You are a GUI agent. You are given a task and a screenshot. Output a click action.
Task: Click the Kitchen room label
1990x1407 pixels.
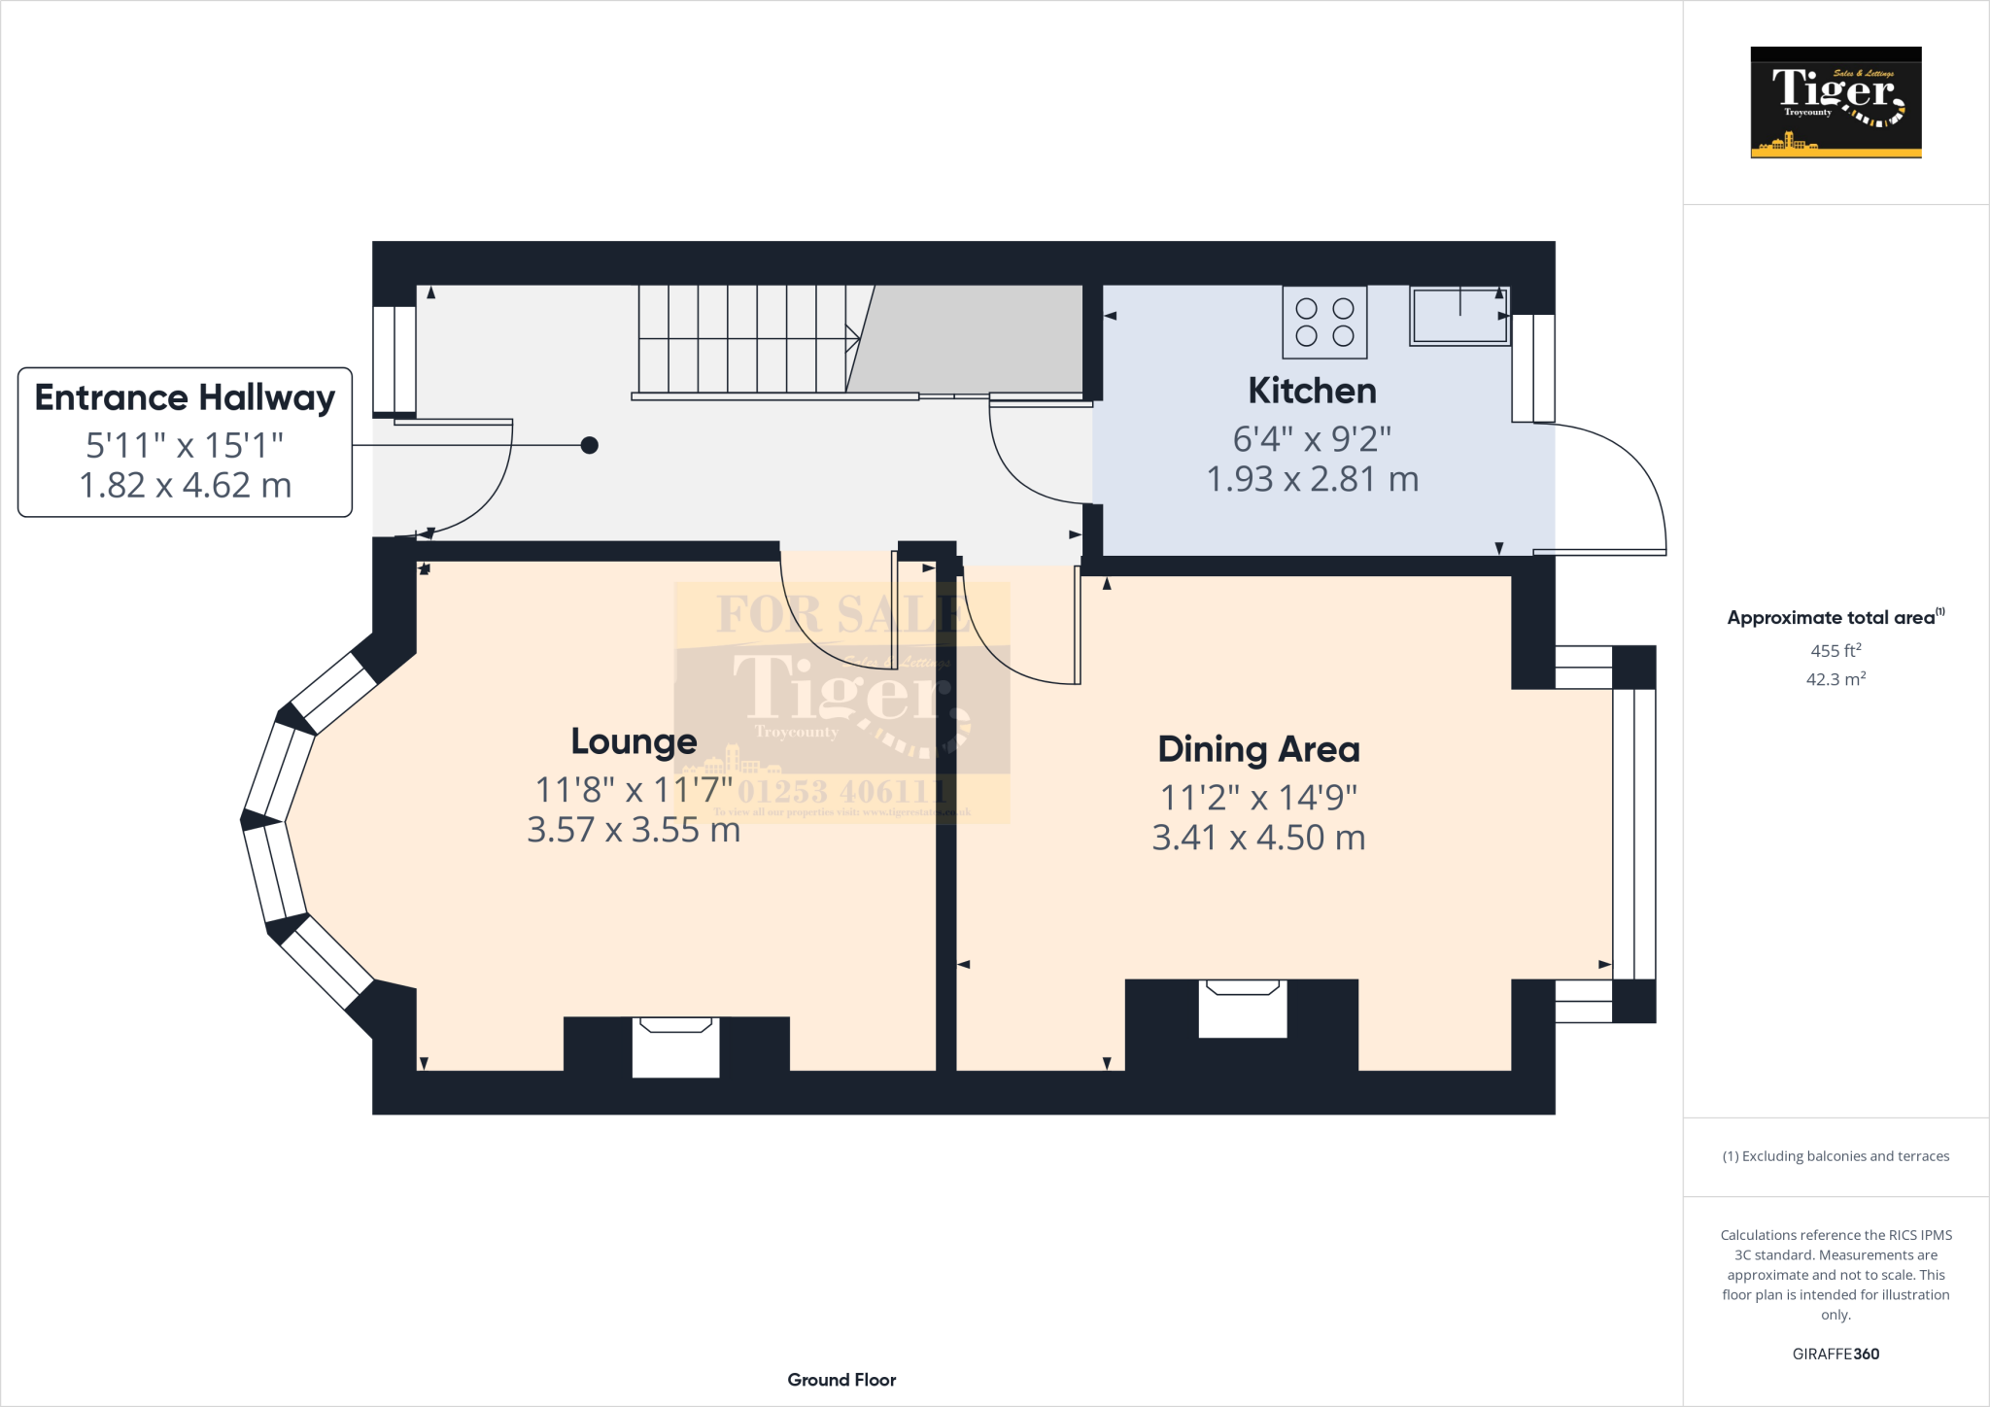(x=1312, y=391)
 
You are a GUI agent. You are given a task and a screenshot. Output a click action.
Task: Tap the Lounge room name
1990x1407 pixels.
(x=634, y=741)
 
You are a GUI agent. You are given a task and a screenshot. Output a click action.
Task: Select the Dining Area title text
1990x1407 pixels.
(x=1258, y=749)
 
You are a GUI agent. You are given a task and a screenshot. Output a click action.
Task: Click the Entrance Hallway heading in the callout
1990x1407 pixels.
(x=185, y=397)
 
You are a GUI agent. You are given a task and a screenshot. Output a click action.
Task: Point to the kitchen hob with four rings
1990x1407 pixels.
(x=1324, y=323)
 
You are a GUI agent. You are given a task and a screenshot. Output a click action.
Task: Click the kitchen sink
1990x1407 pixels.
(x=1459, y=316)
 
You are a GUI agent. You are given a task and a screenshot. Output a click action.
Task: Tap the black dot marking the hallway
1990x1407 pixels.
(x=589, y=445)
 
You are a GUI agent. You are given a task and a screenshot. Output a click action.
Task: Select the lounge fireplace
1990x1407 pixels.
(x=675, y=1047)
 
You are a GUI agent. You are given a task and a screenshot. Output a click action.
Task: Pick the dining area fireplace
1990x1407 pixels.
(x=1242, y=1008)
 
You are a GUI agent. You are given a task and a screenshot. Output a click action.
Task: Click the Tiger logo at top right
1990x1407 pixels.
(x=1836, y=102)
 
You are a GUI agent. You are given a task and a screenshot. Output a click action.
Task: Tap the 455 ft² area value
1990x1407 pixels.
(x=1836, y=650)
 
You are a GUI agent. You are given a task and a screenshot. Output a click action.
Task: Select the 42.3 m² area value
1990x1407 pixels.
(x=1836, y=678)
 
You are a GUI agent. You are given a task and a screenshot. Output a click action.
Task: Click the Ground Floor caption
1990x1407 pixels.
(x=841, y=1380)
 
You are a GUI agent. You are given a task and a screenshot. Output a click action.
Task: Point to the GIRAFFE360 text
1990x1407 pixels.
(x=1836, y=1354)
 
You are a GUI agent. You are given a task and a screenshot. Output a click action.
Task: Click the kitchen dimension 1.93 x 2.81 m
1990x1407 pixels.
(x=1312, y=479)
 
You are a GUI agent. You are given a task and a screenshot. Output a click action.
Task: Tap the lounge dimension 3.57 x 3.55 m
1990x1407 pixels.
(x=634, y=830)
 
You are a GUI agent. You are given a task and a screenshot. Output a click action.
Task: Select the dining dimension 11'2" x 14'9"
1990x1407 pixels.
(x=1258, y=798)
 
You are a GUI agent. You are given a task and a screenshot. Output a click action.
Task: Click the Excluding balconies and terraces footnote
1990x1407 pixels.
(x=1836, y=1156)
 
